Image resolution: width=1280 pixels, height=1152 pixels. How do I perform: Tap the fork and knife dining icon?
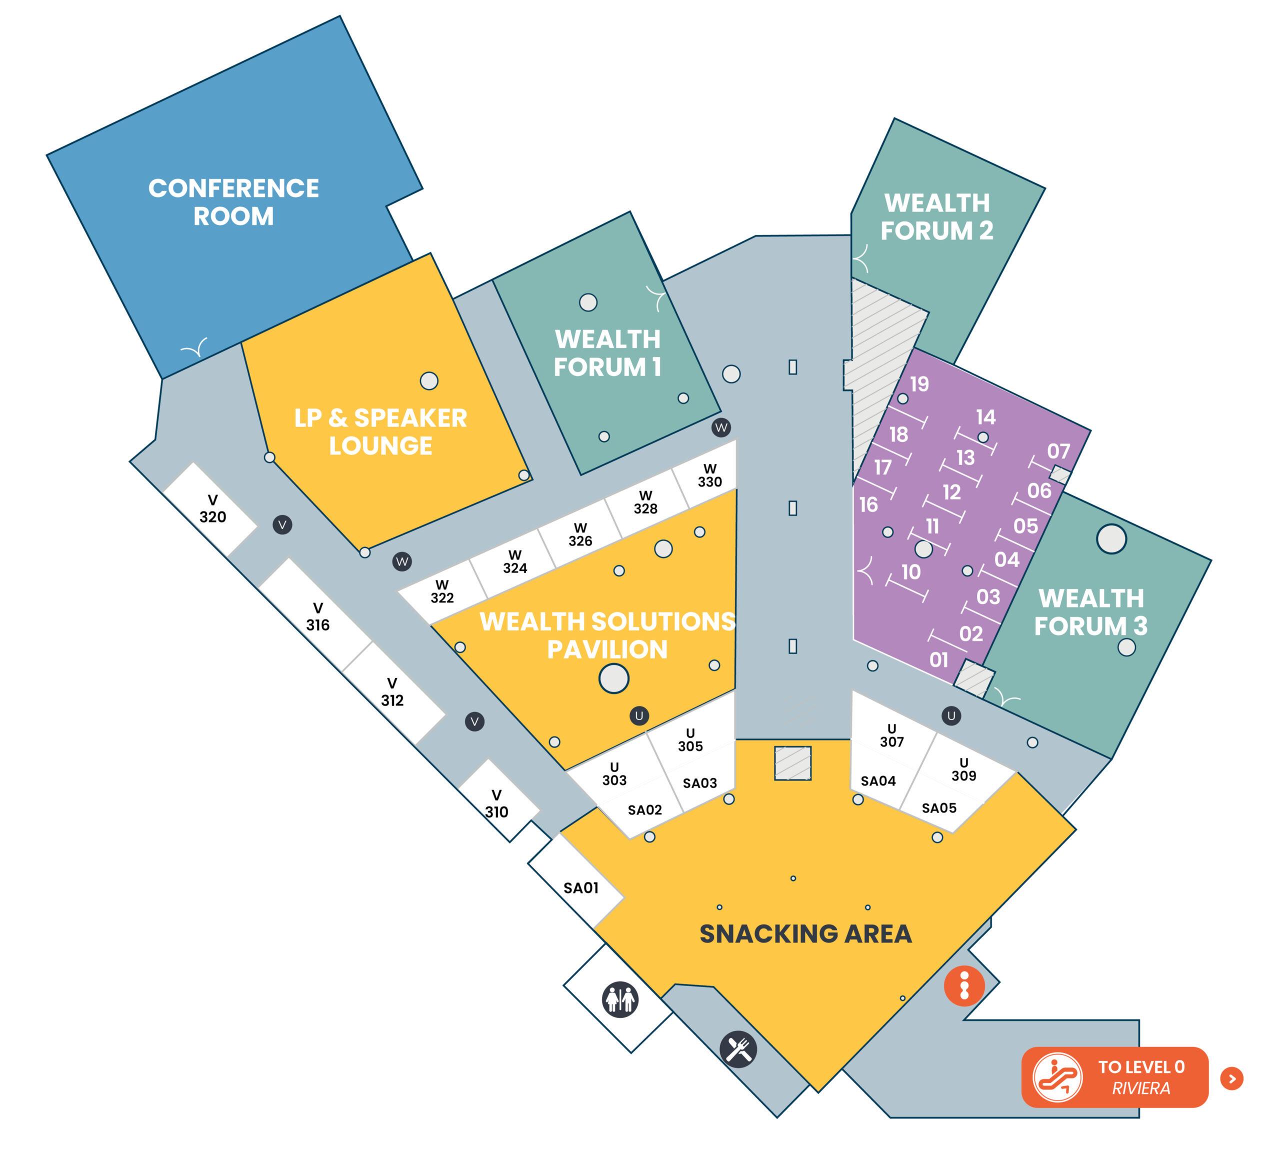point(738,1050)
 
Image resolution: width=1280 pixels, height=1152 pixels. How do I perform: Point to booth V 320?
point(212,509)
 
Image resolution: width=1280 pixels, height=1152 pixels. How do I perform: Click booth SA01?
point(580,888)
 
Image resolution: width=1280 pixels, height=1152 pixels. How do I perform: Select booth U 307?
point(891,735)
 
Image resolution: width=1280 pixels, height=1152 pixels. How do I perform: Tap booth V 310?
point(496,804)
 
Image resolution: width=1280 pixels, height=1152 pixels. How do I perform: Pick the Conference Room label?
point(233,202)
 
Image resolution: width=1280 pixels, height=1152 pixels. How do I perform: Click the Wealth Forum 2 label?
point(937,217)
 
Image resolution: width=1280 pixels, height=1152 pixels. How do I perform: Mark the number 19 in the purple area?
point(919,384)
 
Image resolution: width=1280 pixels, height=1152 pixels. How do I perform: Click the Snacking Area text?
point(805,933)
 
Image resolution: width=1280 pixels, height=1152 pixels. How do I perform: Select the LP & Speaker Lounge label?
point(380,431)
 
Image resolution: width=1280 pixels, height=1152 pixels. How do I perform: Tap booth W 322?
point(442,591)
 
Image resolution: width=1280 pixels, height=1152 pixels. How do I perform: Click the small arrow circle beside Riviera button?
point(1232,1078)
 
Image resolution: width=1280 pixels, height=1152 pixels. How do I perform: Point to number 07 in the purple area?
point(1058,451)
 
